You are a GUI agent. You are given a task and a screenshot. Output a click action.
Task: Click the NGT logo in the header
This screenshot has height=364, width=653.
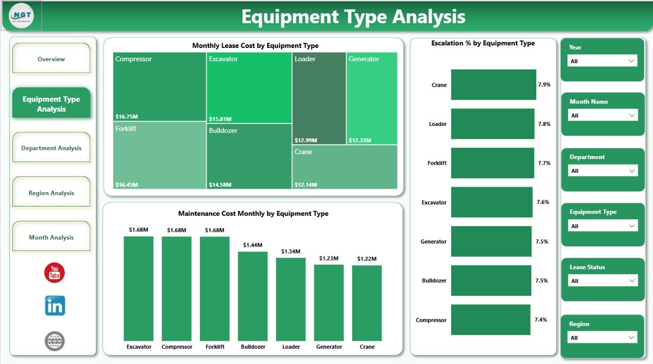(25, 16)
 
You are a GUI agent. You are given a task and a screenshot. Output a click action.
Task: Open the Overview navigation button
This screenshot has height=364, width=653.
(51, 59)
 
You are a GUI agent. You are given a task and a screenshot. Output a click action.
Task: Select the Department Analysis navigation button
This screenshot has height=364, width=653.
(51, 148)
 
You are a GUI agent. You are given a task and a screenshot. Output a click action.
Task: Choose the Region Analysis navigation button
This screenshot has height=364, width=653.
(51, 193)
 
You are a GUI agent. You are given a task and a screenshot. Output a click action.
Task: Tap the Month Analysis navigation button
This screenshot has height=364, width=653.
(51, 237)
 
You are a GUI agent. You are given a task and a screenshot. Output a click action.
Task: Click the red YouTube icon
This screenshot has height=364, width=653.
(55, 273)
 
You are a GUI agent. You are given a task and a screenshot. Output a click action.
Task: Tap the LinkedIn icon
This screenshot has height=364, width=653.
(55, 306)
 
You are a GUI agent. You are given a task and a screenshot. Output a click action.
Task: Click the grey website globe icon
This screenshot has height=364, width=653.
(55, 341)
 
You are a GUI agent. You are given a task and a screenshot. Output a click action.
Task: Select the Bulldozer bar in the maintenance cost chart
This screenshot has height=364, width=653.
(253, 296)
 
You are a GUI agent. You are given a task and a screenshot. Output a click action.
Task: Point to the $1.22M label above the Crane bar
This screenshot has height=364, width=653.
(367, 259)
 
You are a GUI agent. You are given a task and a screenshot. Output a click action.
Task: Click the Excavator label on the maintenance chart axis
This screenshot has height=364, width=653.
(139, 347)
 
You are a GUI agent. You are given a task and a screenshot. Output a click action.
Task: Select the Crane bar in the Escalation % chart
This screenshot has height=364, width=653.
(493, 85)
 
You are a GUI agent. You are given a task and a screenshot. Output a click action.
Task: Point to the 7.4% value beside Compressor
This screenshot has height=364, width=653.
(541, 320)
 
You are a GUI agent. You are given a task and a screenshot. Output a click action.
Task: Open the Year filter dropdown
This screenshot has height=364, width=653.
(602, 61)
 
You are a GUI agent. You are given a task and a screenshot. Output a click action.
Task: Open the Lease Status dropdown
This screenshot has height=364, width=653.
(602, 281)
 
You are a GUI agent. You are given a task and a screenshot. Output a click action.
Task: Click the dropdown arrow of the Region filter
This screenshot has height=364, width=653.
(632, 337)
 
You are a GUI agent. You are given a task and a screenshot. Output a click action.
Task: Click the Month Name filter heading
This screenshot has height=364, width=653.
(589, 101)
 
